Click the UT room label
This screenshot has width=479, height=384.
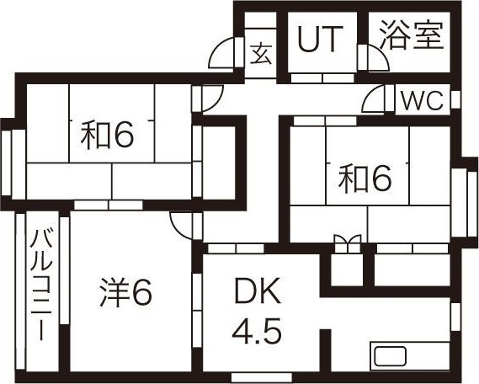(320, 39)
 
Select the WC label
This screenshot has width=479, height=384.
(423, 100)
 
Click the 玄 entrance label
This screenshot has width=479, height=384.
(261, 54)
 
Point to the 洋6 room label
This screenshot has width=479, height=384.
(126, 293)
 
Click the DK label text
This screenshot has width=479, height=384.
(258, 291)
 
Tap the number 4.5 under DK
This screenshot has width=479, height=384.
(257, 331)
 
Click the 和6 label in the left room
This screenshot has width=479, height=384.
(107, 135)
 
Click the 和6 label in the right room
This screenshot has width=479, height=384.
(365, 178)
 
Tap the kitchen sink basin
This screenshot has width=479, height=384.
(390, 356)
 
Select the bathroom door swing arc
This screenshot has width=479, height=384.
(379, 58)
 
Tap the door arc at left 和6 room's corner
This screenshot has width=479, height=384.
(214, 99)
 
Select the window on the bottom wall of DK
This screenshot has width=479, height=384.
(262, 377)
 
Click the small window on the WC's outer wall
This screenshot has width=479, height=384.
(455, 99)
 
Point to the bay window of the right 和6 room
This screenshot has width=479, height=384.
(465, 202)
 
